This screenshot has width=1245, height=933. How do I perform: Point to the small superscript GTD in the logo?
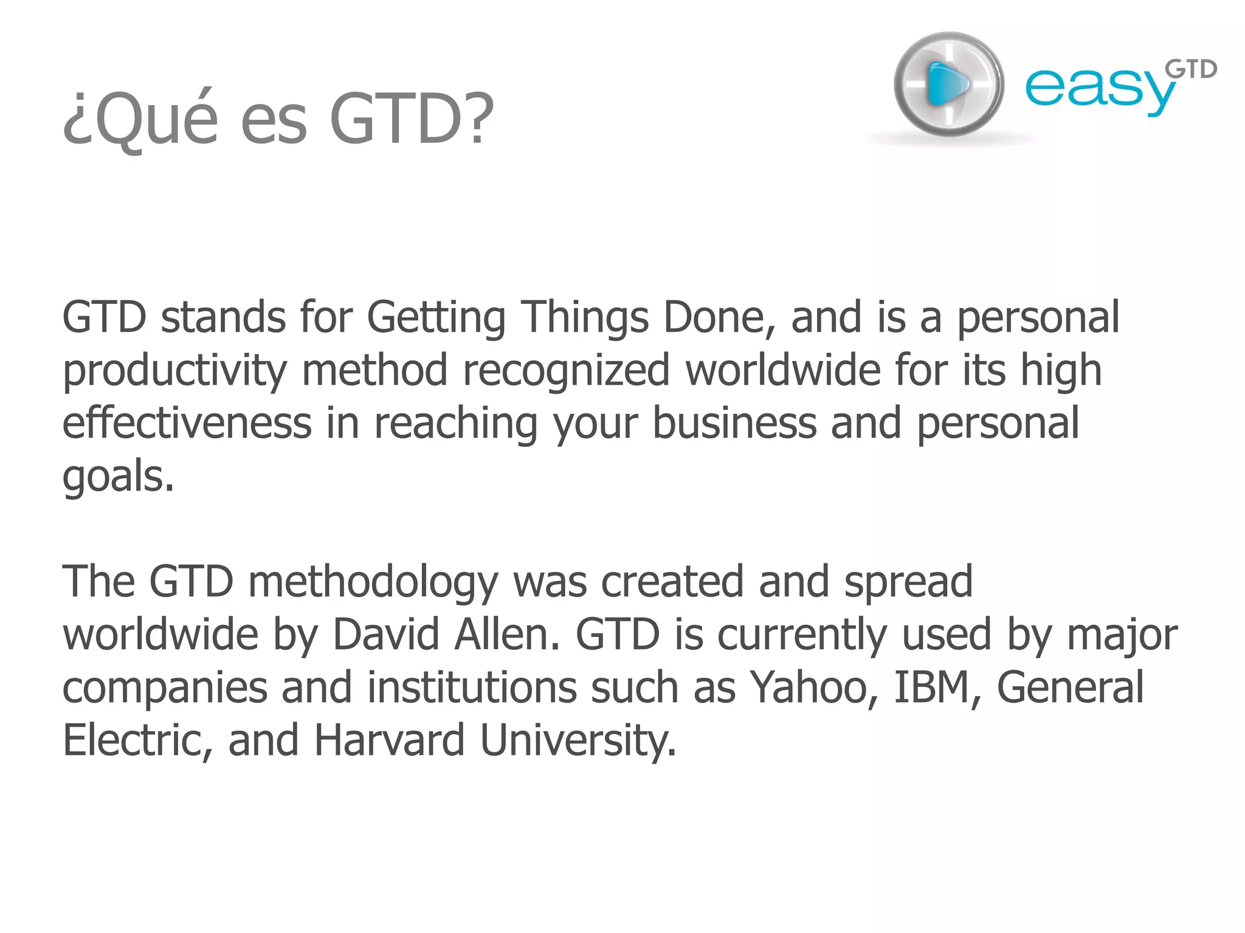(x=1191, y=71)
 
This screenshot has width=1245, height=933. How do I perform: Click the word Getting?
(x=436, y=318)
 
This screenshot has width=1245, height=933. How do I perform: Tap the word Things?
(x=586, y=318)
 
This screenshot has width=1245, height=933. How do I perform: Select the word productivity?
(x=174, y=371)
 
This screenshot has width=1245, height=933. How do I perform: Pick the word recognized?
(x=566, y=370)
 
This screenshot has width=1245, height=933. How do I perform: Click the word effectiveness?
(x=187, y=423)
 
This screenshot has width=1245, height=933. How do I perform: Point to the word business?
(x=734, y=423)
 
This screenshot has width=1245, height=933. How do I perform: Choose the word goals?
(x=118, y=477)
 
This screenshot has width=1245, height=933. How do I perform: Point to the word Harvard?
(x=389, y=740)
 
